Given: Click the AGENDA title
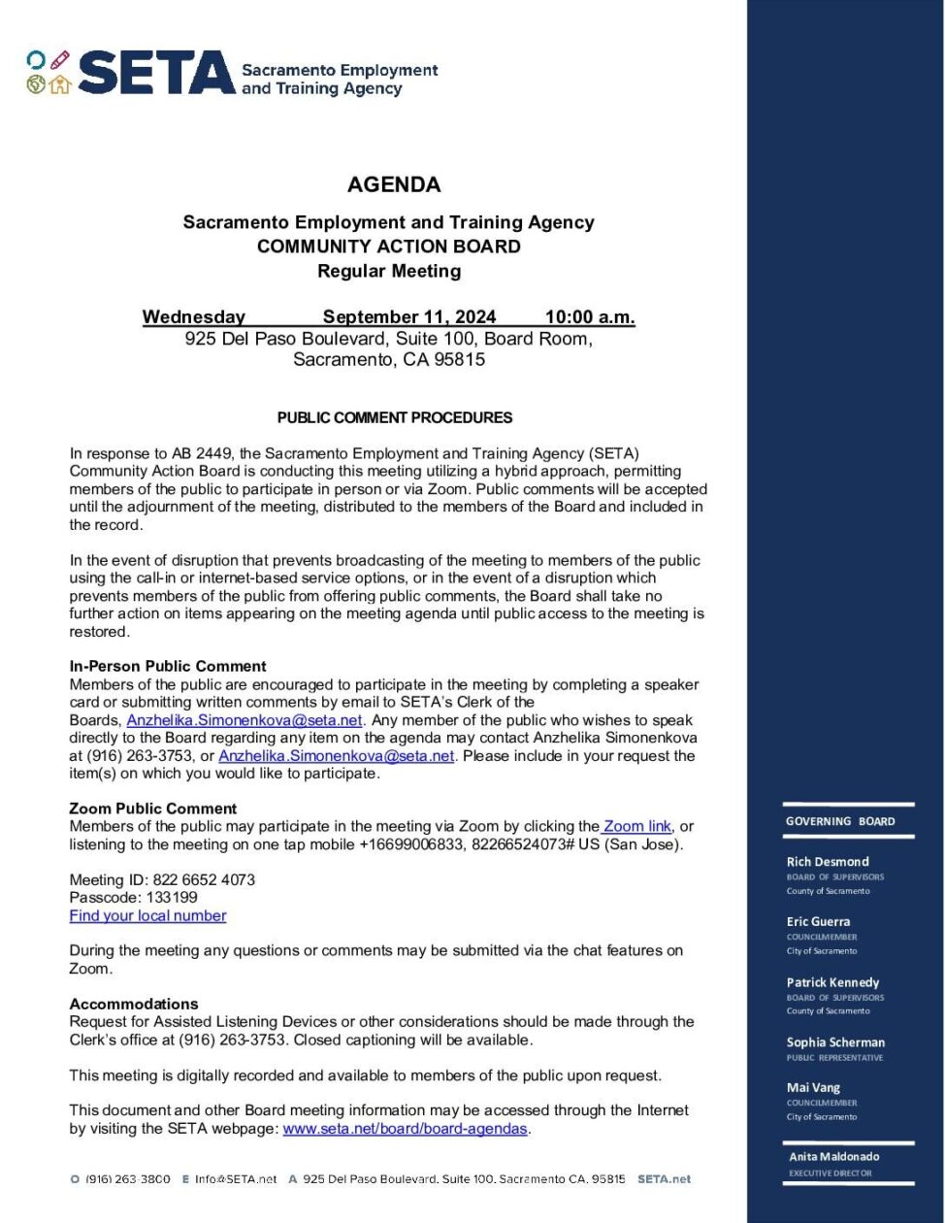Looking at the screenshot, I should click(394, 184).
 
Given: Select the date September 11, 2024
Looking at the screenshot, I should click(408, 317).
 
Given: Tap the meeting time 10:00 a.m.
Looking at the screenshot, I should click(590, 317).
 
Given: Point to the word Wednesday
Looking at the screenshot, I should click(193, 317).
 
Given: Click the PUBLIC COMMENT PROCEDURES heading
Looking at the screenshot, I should click(394, 418).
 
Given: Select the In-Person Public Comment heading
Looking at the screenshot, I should click(167, 667).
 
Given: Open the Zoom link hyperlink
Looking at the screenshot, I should click(637, 827).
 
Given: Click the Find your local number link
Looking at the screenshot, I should click(147, 916).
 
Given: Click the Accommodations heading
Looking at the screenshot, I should click(134, 1005).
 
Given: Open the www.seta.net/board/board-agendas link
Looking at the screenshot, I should click(405, 1129).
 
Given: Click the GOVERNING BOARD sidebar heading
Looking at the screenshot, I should click(840, 821).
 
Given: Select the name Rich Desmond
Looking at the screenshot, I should click(828, 862).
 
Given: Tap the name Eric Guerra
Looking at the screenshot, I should click(818, 922).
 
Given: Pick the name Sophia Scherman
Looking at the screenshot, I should click(835, 1042).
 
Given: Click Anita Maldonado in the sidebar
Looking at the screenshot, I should click(833, 1157).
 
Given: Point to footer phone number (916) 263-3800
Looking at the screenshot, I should click(128, 1179).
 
